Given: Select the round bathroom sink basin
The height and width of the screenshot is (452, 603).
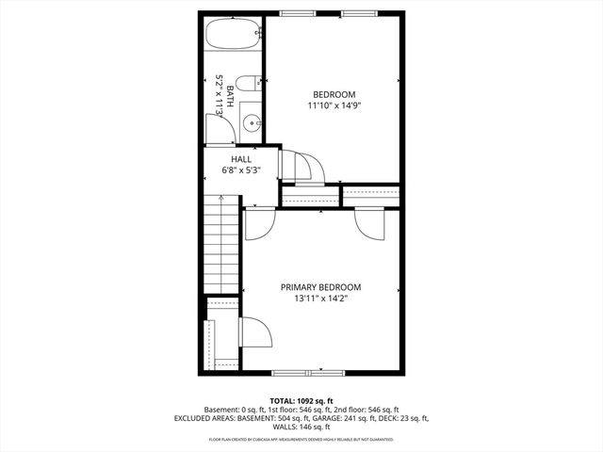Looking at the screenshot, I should point(252,122).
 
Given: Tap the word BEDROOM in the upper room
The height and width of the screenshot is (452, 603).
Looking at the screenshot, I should point(334,94).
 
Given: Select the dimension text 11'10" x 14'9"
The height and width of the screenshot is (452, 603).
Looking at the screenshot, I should point(334,105).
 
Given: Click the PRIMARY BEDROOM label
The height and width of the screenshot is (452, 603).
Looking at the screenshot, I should point(320,287).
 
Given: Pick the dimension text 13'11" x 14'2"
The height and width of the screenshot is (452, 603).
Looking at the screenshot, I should point(320,299).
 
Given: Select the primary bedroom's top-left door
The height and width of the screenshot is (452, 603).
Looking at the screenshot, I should point(258,222).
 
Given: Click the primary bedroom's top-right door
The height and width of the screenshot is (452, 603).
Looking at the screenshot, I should point(368,223).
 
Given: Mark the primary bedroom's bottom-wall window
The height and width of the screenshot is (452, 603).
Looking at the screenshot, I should point(320,371).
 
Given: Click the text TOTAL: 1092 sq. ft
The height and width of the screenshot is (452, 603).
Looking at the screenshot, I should point(301,400).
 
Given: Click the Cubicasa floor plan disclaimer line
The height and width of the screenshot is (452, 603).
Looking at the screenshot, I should point(301,439).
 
